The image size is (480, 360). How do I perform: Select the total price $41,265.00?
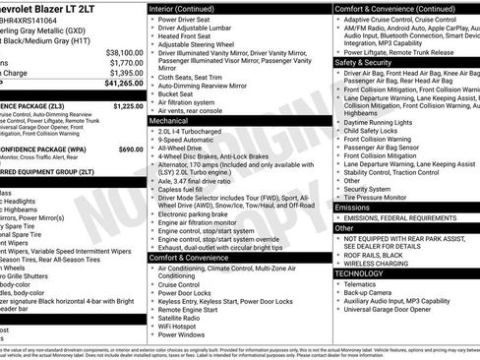[x=121, y=87]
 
